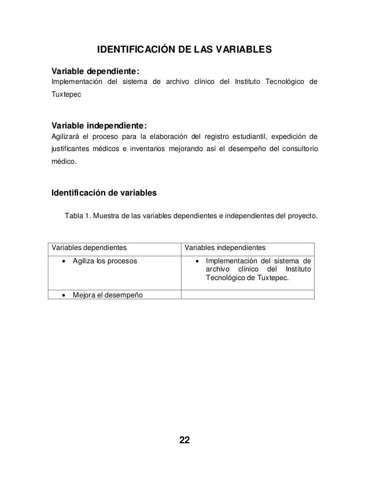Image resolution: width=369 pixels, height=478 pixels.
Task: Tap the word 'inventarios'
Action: click(x=145, y=150)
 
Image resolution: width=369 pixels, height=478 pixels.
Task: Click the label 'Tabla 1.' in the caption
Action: click(x=79, y=216)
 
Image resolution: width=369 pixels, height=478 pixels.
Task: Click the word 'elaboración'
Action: click(x=155, y=137)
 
